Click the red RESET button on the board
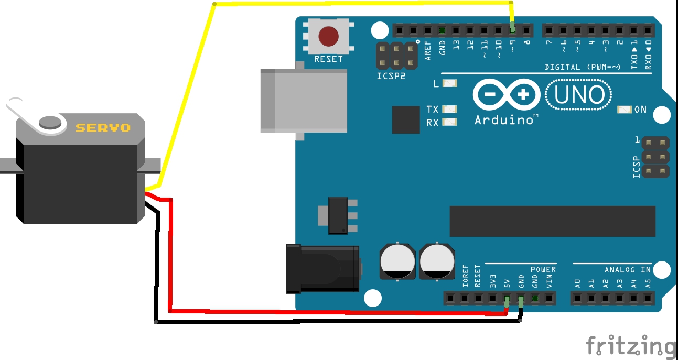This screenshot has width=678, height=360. tap(328, 36)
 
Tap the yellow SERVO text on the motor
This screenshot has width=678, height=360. tap(103, 127)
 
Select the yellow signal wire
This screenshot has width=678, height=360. tap(362, 4)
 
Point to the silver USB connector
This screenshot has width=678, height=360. tap(303, 101)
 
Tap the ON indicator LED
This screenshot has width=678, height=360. tap(625, 110)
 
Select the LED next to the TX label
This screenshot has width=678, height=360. tap(449, 109)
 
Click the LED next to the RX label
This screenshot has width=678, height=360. tap(449, 122)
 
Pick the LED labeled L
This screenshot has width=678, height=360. tap(450, 83)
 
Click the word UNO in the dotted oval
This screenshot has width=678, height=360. tap(579, 95)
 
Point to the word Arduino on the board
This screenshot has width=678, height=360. tap(503, 120)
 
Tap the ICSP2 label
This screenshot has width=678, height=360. tap(391, 75)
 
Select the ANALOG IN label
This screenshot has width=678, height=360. tap(627, 269)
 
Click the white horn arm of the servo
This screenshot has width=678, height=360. tap(26, 112)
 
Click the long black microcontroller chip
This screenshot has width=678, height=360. tap(552, 221)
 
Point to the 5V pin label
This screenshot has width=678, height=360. tap(507, 283)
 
